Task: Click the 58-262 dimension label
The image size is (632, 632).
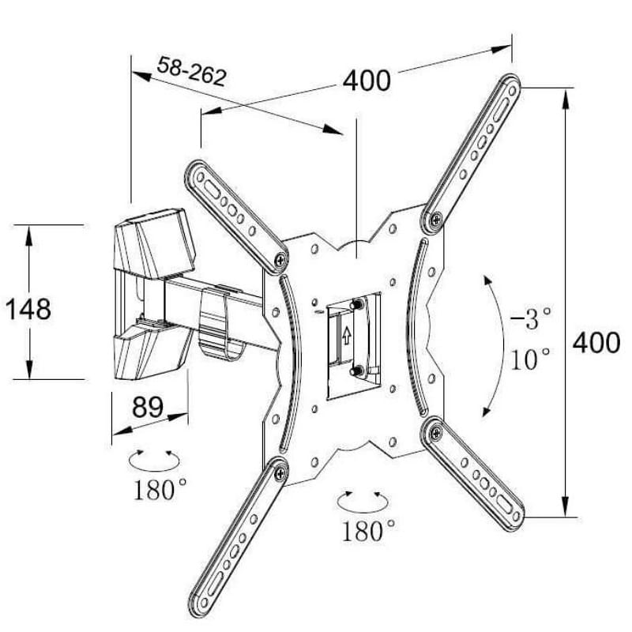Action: (x=192, y=71)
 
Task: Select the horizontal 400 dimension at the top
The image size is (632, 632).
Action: (x=367, y=80)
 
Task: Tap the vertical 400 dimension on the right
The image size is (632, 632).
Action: (x=596, y=343)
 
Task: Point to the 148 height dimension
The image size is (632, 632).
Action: (x=28, y=308)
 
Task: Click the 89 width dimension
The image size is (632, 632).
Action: (x=148, y=408)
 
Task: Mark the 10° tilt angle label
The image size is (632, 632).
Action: (x=530, y=360)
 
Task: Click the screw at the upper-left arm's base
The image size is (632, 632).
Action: (x=281, y=258)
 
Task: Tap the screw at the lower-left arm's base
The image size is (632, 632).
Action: (x=280, y=472)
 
